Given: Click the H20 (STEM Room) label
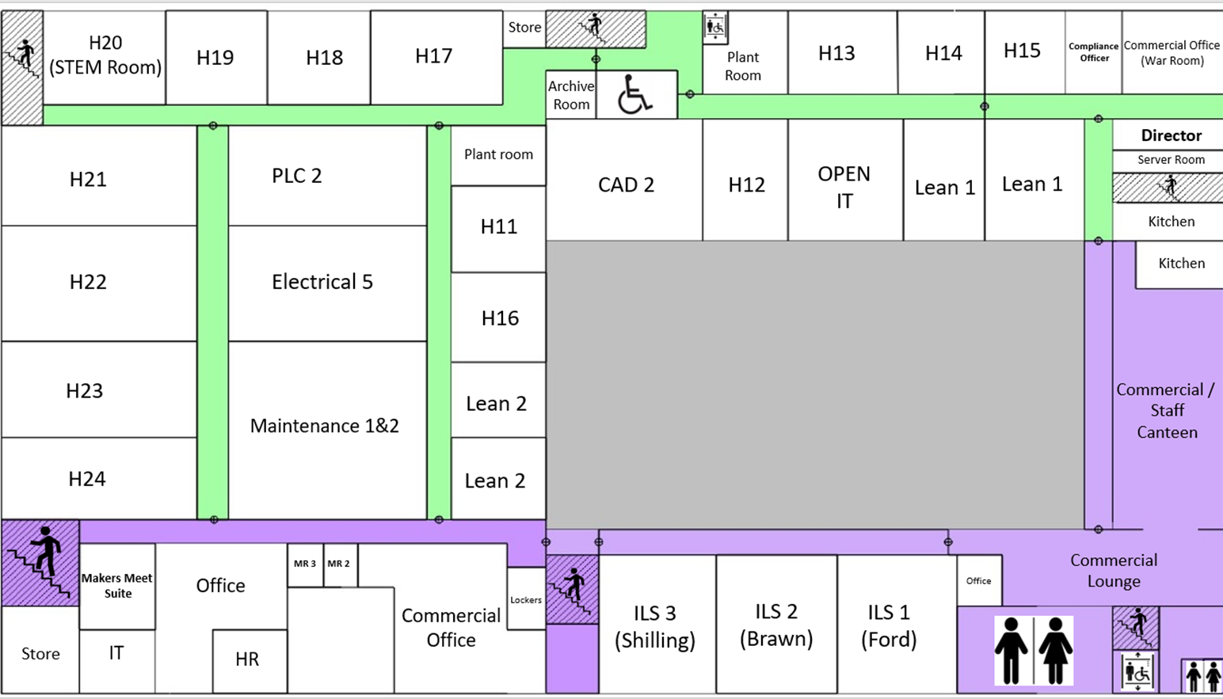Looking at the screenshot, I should (105, 55).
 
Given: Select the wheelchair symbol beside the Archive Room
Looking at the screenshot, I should (634, 94).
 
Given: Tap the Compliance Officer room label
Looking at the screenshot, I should (1093, 52).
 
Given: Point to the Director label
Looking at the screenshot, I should (1171, 135).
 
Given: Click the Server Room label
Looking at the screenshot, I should (1171, 160).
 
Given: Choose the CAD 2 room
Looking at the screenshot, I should (626, 184).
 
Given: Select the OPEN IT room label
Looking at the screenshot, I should (844, 187).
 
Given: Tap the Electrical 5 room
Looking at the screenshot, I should (322, 282).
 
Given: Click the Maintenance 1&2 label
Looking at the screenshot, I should (325, 426).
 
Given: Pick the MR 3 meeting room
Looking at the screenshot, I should (305, 564).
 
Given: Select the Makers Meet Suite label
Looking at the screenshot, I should (117, 586).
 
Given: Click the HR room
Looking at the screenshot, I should (247, 659).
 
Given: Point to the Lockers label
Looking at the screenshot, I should (526, 600).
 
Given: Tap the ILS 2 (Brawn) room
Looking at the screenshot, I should (776, 625).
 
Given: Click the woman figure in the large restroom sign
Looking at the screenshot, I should (1055, 651).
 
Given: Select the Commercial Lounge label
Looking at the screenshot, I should (1114, 571).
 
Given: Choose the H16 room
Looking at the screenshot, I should (500, 318).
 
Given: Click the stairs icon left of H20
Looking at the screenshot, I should (22, 59).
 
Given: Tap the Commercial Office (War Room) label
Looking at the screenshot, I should (1172, 53).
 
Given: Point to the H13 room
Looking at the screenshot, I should (836, 53).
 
